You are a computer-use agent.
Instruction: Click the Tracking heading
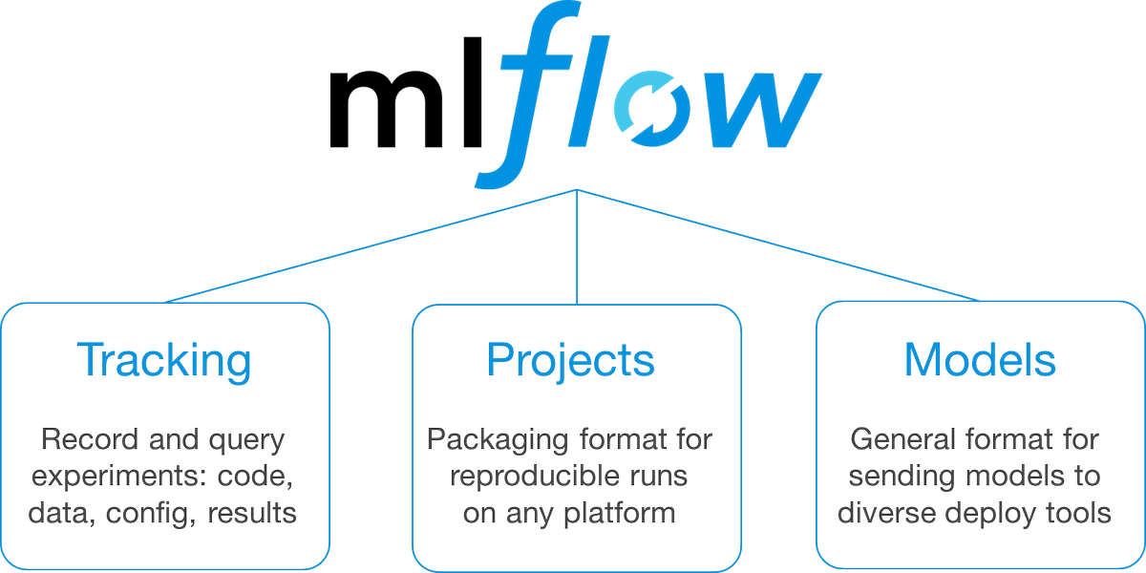[x=163, y=360]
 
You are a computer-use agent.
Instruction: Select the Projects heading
[x=570, y=360]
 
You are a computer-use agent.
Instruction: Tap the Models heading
[x=980, y=360]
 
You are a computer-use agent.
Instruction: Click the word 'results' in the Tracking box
[x=254, y=513]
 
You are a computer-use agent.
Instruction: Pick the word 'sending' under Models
[x=902, y=477]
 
